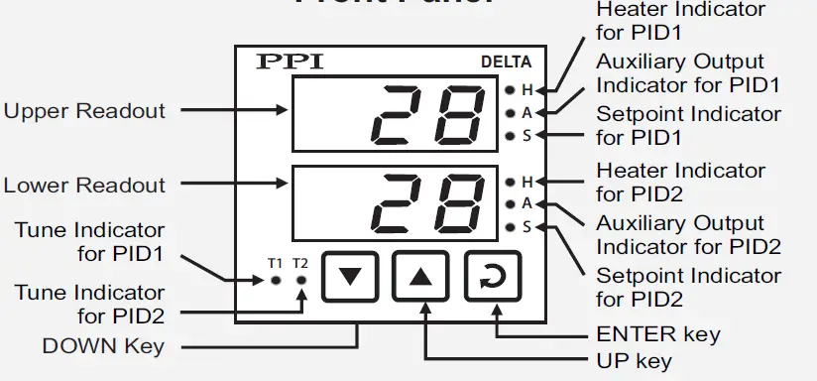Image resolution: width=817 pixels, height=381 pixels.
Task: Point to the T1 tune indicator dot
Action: pos(276,281)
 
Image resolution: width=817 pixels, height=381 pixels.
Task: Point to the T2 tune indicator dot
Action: pos(300,281)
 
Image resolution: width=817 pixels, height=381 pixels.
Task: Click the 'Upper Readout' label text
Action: pos(84,110)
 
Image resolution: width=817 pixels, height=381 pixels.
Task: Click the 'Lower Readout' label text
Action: pos(84,186)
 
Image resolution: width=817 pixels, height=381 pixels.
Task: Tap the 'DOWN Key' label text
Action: pos(103,346)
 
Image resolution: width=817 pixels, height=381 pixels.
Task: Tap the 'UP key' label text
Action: pos(634,360)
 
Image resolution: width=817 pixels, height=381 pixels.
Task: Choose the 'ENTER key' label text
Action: pos(657,333)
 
